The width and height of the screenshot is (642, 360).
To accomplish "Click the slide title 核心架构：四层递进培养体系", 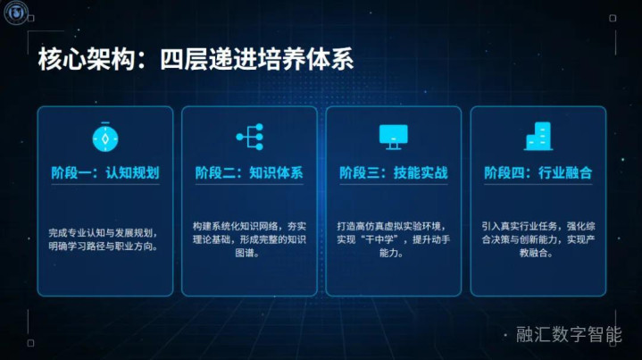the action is (196, 59).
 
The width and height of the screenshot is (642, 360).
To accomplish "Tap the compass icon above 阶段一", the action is (105, 138).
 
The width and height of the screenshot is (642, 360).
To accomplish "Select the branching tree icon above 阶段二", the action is (250, 137).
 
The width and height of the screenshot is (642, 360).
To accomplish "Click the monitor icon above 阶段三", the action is (394, 137).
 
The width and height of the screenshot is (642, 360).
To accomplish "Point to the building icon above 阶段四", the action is (538, 137).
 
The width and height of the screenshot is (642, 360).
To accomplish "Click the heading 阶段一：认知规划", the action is (105, 172).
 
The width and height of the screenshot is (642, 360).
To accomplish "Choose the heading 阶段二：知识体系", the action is (249, 172).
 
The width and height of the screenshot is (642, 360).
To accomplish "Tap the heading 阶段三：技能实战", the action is (394, 172).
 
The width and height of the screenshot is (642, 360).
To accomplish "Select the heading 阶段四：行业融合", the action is (538, 172).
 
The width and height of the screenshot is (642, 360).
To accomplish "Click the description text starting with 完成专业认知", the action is (104, 239).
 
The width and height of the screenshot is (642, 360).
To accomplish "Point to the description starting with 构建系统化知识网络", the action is (249, 239).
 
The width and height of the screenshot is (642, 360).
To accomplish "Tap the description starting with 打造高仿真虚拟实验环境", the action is (394, 239).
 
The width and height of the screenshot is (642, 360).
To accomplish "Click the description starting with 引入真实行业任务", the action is (538, 239).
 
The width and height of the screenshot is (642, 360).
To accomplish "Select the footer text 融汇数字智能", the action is (569, 335).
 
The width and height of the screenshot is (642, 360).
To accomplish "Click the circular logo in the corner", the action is (16, 12).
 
